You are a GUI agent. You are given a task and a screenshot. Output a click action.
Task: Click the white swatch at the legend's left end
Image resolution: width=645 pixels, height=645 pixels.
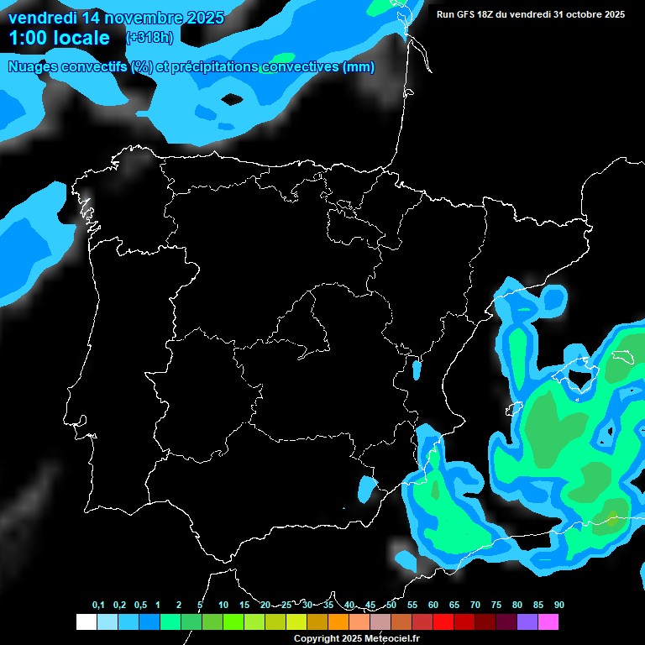87,622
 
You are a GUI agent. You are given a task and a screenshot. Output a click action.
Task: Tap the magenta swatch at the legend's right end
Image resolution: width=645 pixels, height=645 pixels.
548,622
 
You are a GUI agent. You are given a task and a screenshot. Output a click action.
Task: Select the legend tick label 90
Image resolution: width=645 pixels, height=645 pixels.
558,605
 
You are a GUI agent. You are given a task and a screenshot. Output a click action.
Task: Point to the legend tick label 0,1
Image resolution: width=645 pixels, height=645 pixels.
98,605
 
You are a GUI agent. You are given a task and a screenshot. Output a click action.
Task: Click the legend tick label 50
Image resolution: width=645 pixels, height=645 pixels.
391,605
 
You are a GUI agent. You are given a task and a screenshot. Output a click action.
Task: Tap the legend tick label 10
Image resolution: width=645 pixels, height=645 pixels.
223,605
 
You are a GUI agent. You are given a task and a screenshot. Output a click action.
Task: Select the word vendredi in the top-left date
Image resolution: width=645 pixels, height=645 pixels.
44,17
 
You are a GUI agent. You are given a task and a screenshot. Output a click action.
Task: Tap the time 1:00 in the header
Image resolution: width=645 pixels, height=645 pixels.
30,38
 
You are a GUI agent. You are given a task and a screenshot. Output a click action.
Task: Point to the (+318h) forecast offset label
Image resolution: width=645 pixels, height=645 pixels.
151,38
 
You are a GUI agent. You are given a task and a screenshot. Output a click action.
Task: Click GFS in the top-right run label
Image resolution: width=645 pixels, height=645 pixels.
468,14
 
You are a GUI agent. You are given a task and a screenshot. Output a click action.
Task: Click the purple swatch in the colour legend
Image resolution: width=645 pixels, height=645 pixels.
527,622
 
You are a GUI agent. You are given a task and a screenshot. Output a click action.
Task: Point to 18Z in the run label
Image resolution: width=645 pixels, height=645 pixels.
490,14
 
